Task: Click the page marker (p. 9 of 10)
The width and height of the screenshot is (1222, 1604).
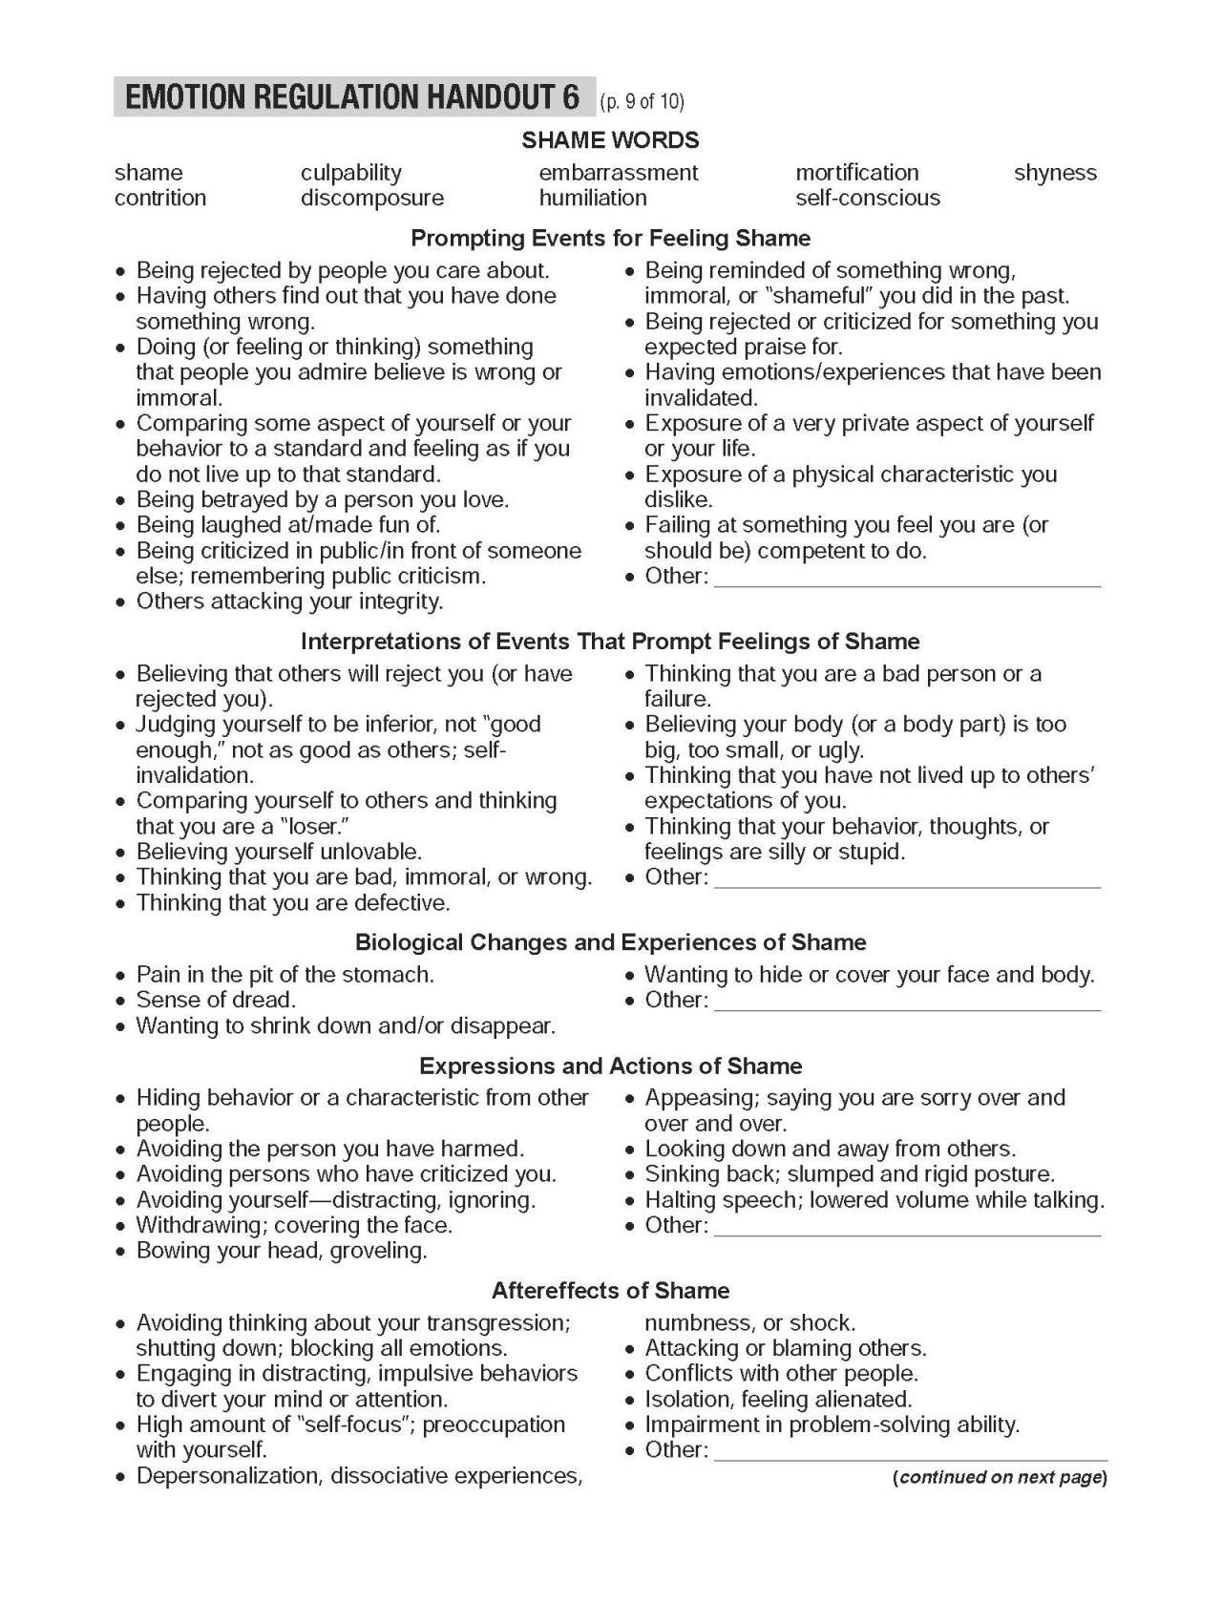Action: click(x=642, y=101)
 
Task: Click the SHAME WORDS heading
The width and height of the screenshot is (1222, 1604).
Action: click(x=610, y=140)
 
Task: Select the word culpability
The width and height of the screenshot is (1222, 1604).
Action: click(x=350, y=173)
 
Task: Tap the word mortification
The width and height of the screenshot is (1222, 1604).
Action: click(x=856, y=173)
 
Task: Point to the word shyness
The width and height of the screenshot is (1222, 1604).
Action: click(x=1054, y=173)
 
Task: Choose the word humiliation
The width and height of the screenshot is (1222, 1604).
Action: click(x=592, y=198)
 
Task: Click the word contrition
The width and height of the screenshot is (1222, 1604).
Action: click(x=159, y=198)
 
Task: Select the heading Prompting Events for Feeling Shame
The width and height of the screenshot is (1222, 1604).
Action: click(x=610, y=238)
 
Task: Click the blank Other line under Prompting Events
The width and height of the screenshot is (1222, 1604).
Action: click(x=907, y=578)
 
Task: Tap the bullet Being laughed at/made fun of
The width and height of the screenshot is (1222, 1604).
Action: click(x=287, y=525)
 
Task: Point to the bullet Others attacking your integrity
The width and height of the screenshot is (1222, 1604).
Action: click(x=289, y=601)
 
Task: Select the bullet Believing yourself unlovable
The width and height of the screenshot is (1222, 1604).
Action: click(x=278, y=852)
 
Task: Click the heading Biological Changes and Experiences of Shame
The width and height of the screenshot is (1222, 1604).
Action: click(x=610, y=942)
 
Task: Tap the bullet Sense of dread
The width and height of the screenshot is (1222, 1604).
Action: click(x=216, y=1001)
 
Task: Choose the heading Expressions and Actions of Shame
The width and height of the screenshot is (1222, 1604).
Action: click(x=610, y=1066)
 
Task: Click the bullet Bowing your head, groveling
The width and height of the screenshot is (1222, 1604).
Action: click(x=281, y=1251)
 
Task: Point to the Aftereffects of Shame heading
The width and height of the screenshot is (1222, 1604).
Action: click(x=610, y=1291)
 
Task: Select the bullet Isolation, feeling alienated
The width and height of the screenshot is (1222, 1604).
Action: click(x=778, y=1400)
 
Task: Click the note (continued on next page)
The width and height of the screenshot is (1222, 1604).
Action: click(x=1000, y=1478)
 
